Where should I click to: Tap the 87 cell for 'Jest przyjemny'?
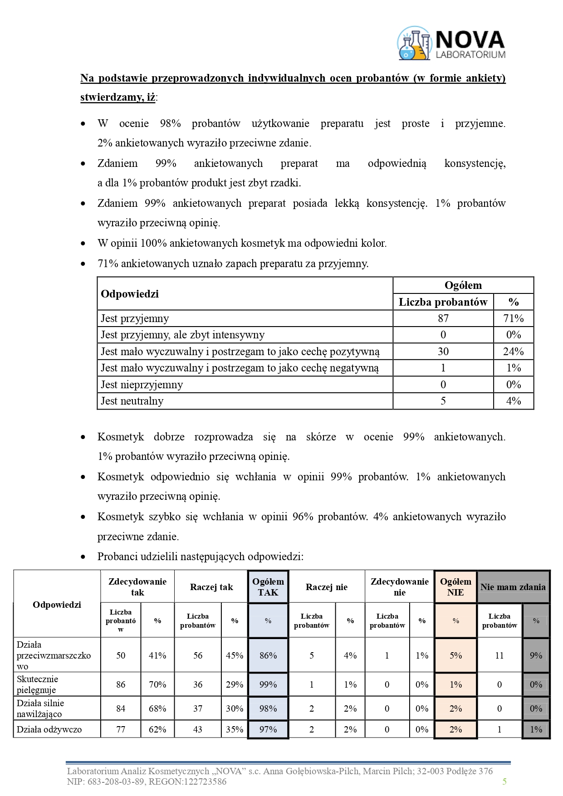click(x=443, y=318)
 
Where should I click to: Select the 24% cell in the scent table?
click(x=513, y=352)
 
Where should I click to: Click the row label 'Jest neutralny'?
click(x=132, y=401)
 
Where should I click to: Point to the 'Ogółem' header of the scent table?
click(x=463, y=285)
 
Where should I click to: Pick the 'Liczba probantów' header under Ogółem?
click(x=443, y=302)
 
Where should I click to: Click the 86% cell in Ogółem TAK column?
click(x=268, y=655)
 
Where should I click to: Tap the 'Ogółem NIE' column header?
click(x=455, y=587)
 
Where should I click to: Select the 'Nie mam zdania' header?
click(x=513, y=587)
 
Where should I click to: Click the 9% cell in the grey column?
click(x=536, y=655)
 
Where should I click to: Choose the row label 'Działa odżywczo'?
click(x=49, y=729)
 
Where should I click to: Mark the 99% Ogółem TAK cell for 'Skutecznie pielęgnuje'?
click(x=268, y=684)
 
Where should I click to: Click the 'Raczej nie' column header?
click(x=327, y=587)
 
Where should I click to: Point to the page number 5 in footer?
click(x=504, y=781)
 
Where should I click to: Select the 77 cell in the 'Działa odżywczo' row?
click(x=121, y=729)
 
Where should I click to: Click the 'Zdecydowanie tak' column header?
click(x=137, y=587)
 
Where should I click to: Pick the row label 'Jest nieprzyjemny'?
click(x=142, y=385)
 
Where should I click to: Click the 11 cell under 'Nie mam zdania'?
click(x=499, y=655)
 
